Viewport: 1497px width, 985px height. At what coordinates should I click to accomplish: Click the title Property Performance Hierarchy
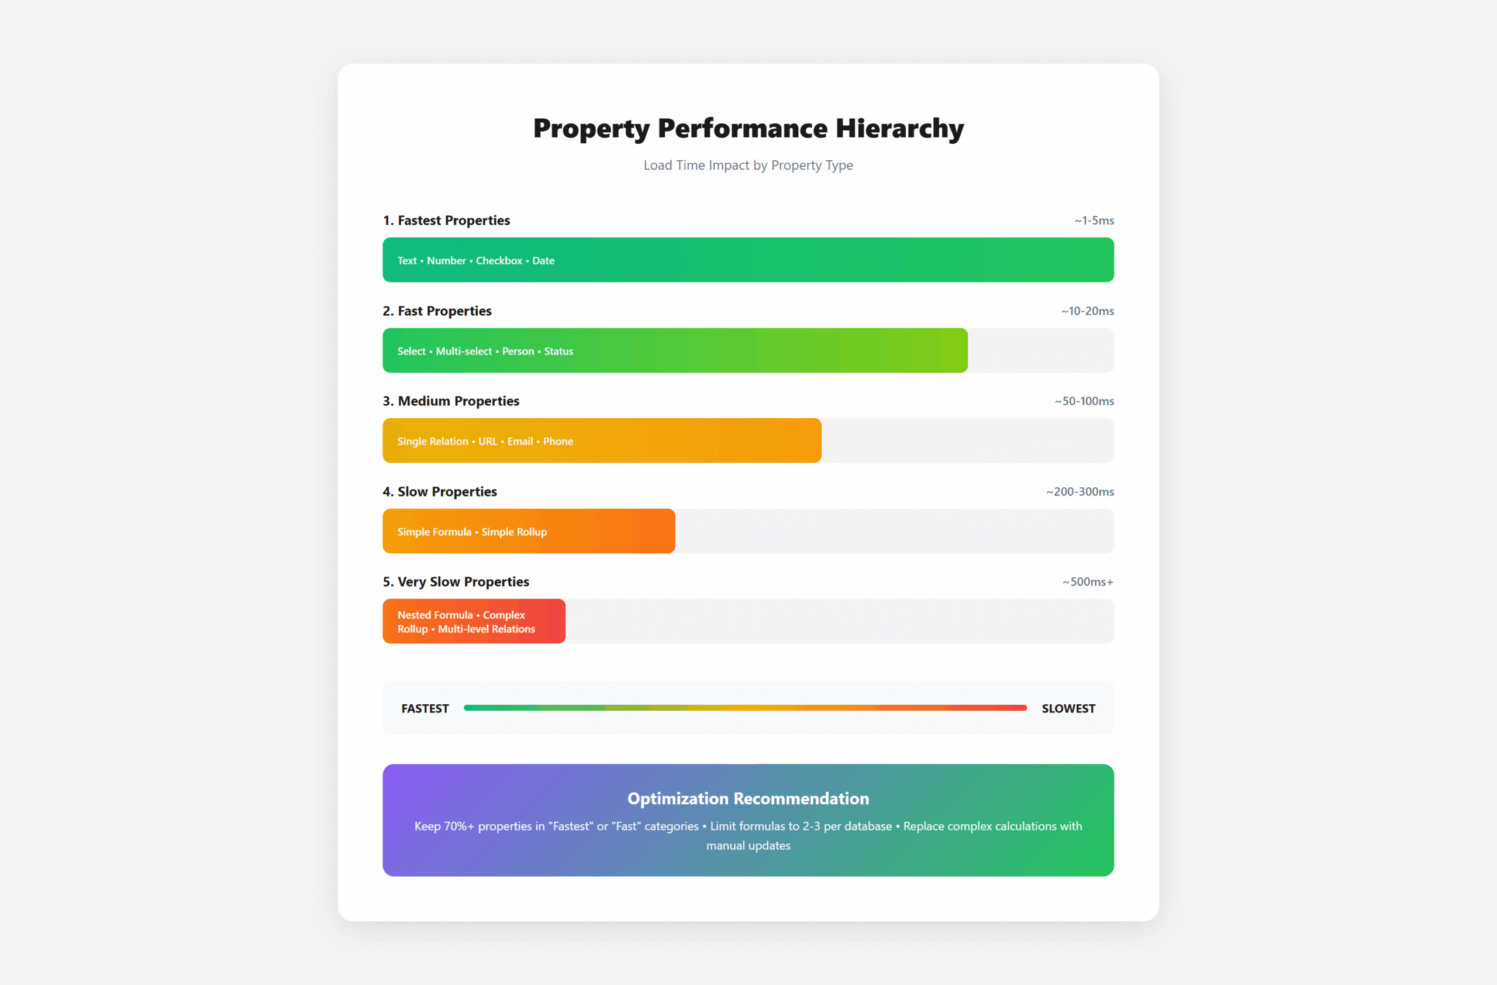tap(748, 128)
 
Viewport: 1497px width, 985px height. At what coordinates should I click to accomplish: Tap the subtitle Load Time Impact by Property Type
tap(748, 166)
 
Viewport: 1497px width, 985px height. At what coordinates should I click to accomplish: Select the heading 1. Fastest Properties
tap(446, 221)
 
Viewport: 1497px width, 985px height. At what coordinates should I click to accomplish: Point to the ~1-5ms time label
tap(1094, 221)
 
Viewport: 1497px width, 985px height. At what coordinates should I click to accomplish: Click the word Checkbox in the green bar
tap(499, 260)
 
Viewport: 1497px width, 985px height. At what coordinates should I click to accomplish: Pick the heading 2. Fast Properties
tap(437, 311)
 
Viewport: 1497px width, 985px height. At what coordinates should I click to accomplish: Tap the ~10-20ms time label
tap(1088, 311)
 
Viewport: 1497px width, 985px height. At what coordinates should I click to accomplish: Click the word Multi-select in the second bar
tap(464, 351)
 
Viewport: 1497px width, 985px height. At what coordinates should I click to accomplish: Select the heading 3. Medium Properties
tap(451, 401)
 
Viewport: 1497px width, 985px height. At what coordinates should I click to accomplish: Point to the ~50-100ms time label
tap(1084, 401)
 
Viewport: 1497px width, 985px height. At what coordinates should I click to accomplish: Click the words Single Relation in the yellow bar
tap(432, 442)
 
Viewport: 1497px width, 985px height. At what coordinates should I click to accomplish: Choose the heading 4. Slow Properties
tap(440, 492)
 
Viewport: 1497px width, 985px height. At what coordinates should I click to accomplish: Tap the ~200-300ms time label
tap(1080, 492)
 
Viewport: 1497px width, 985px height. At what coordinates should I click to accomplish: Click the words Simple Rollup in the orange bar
tap(514, 532)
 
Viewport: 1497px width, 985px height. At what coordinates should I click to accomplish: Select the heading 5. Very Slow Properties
tap(456, 582)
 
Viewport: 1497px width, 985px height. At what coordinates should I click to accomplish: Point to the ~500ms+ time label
tap(1088, 582)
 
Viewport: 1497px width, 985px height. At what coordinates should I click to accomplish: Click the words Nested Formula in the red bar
tap(434, 615)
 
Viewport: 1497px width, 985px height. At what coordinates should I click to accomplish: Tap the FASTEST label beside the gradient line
tap(425, 709)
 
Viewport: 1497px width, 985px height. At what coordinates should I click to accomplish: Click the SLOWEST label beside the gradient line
tap(1068, 709)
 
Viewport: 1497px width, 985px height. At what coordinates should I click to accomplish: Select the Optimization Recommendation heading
tap(748, 799)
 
